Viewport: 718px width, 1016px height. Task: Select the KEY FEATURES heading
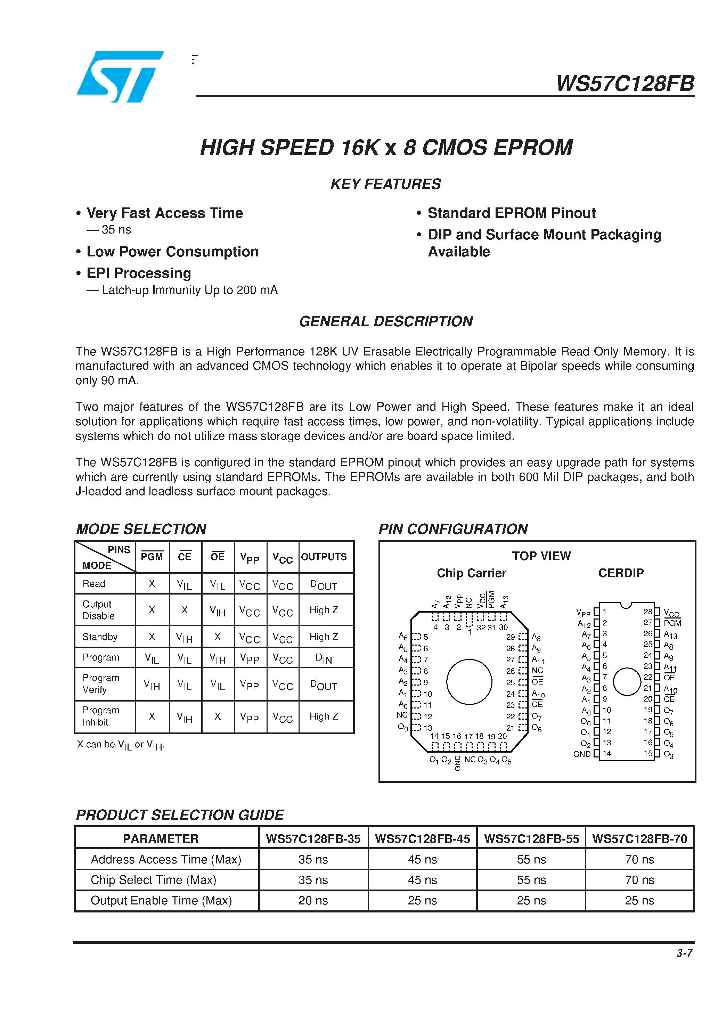(385, 184)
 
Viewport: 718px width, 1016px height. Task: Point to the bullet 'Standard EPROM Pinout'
(511, 213)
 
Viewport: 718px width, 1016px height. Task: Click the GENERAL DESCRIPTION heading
(385, 321)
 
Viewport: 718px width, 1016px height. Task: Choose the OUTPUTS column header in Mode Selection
(324, 557)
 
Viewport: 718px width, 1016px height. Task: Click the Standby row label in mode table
(100, 637)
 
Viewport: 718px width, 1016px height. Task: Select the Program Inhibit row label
(100, 716)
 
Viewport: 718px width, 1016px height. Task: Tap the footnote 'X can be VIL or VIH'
(120, 745)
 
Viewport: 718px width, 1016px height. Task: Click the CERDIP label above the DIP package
(621, 573)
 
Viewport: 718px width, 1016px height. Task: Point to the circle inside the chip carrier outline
(469, 681)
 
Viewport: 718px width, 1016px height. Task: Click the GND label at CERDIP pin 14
(582, 754)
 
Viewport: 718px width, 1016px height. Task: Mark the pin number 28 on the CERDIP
(647, 612)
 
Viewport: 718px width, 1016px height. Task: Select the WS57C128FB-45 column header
(422, 839)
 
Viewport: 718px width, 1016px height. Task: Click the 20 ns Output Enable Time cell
(313, 901)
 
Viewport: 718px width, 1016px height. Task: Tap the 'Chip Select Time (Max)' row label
(153, 880)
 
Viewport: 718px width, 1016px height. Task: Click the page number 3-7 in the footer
(684, 953)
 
